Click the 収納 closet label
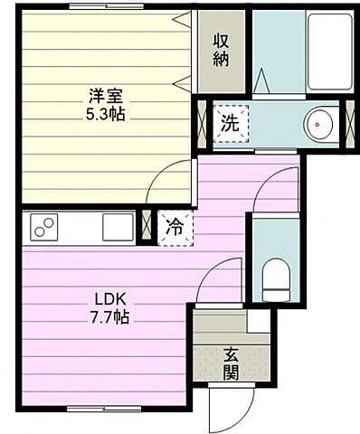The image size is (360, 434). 222,50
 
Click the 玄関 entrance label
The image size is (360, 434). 232,363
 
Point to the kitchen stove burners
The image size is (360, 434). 44,227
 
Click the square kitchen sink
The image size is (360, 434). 118,226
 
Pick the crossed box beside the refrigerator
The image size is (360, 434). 145,226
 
